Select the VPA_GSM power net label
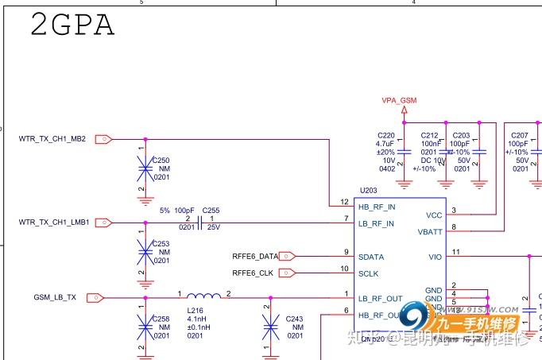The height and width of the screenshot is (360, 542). coord(399,100)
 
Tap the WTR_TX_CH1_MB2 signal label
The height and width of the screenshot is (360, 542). coord(52,139)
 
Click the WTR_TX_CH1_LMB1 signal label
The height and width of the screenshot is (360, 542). coord(53,223)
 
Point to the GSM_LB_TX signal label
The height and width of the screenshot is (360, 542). coord(55,297)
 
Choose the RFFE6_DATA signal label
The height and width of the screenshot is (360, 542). coord(255,257)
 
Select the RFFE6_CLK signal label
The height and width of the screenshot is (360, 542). coord(253,273)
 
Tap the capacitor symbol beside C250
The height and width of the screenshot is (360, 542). coord(145,168)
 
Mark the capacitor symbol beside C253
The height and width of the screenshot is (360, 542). coord(145,252)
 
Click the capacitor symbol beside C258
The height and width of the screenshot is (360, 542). coord(145,326)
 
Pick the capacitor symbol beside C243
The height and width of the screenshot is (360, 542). coord(270,326)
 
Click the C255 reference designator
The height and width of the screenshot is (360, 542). coord(211,211)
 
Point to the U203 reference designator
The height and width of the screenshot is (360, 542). coord(368,191)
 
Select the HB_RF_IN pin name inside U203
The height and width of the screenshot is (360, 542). coord(376,207)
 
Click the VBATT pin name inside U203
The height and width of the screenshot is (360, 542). coord(430,232)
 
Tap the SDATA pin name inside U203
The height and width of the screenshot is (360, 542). coord(370,257)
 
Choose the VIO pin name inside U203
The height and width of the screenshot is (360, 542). coord(435,257)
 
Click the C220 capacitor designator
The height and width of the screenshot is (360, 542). coord(386,136)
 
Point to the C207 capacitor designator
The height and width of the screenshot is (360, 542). coord(520,136)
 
